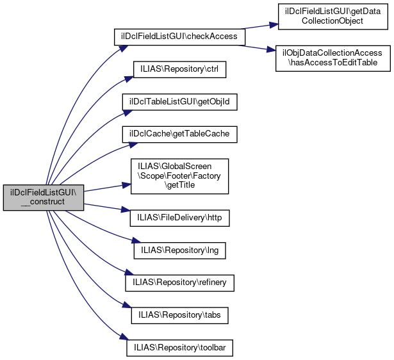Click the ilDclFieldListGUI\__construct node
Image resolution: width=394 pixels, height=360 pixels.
coord(44,197)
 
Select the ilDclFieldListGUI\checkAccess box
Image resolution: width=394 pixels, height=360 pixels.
coord(179,37)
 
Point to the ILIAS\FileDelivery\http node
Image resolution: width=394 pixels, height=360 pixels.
coord(179,217)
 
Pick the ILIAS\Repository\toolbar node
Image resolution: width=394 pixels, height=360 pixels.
coord(179,348)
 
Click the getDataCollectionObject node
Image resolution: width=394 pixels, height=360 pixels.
coord(331,17)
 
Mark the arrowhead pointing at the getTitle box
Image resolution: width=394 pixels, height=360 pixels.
coord(126,185)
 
